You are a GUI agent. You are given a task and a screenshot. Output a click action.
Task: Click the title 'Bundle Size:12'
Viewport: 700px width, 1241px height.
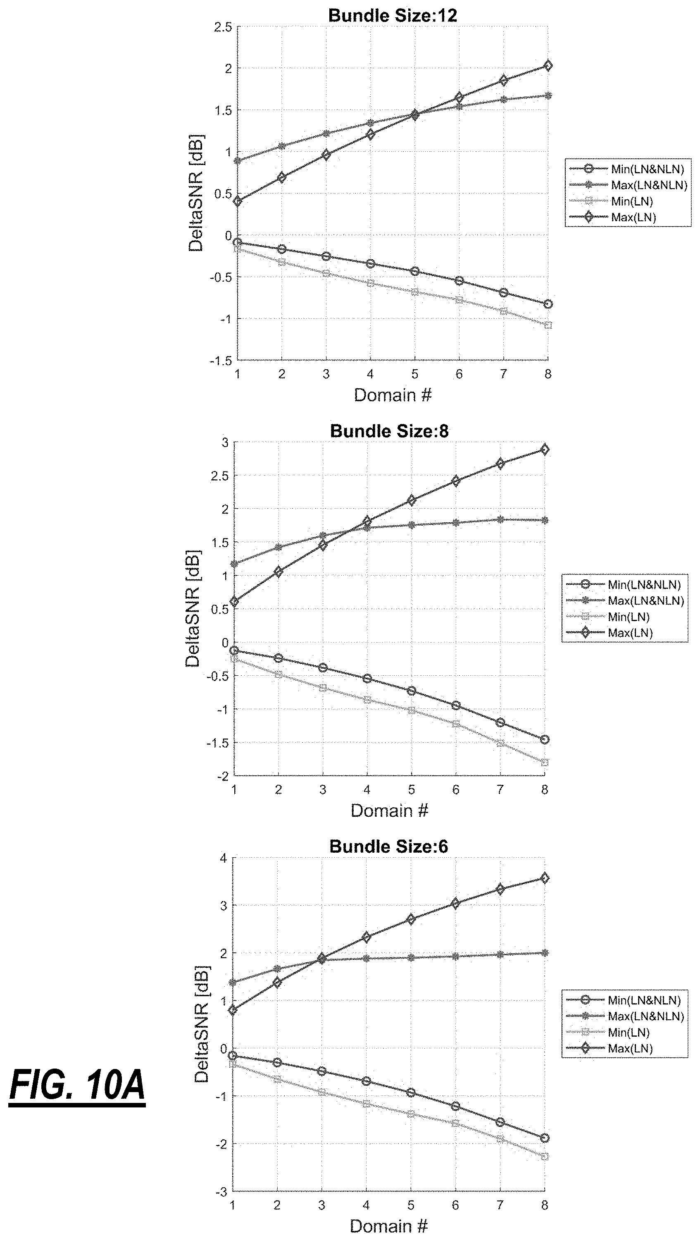pyautogui.click(x=393, y=15)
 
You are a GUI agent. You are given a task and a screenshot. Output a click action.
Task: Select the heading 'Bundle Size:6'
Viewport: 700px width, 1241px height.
pyautogui.click(x=388, y=846)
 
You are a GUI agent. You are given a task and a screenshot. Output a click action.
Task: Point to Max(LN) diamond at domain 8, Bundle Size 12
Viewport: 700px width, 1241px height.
pyautogui.click(x=548, y=65)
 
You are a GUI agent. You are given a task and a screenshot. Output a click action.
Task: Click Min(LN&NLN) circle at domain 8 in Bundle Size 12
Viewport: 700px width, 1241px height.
pyautogui.click(x=548, y=304)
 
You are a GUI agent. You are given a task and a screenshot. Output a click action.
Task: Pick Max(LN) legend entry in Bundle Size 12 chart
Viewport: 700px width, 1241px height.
pyautogui.click(x=613, y=217)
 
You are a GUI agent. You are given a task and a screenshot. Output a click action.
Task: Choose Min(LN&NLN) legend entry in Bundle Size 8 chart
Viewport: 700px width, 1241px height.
pyautogui.click(x=624, y=584)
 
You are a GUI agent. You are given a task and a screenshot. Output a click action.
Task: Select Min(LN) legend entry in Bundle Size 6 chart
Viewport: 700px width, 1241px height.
pyautogui.click(x=608, y=1033)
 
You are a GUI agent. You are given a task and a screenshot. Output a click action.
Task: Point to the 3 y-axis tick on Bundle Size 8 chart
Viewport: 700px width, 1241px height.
pyautogui.click(x=224, y=442)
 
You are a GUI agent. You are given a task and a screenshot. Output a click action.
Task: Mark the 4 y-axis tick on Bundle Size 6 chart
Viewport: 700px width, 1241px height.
pyautogui.click(x=223, y=858)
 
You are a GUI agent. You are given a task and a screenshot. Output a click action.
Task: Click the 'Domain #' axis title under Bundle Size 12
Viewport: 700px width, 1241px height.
pyautogui.click(x=393, y=395)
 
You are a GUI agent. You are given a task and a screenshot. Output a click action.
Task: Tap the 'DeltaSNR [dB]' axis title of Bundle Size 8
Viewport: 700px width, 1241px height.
pyautogui.click(x=193, y=609)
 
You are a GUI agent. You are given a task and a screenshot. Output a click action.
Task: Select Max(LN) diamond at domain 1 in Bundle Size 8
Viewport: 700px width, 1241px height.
pyautogui.click(x=234, y=601)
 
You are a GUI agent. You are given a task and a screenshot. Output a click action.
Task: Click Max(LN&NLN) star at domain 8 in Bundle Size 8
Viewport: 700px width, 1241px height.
pyautogui.click(x=545, y=520)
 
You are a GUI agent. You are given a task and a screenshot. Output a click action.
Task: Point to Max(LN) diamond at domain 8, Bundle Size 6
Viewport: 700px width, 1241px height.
pyautogui.click(x=545, y=878)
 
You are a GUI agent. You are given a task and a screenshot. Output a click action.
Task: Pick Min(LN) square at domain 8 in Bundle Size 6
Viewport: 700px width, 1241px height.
pyautogui.click(x=545, y=1157)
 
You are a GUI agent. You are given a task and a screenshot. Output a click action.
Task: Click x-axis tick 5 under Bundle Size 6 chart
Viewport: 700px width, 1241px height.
pyautogui.click(x=411, y=1206)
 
